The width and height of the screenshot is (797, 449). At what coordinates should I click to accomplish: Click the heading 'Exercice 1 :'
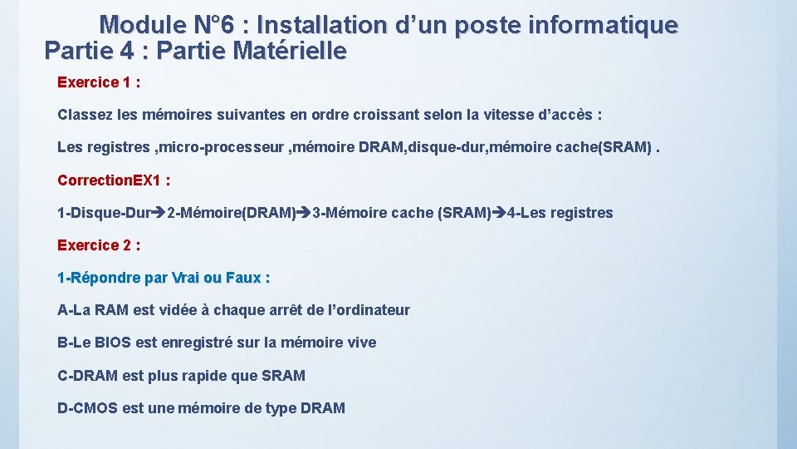(98, 82)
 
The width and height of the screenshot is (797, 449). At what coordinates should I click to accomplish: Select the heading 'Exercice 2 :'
(98, 245)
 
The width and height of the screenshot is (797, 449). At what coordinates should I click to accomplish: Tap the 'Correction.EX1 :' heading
(114, 180)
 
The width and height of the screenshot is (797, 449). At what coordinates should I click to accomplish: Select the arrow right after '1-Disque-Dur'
(159, 213)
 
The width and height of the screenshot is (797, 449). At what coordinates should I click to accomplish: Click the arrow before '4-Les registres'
(499, 213)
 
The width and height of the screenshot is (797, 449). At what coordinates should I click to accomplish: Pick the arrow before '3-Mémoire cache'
(304, 213)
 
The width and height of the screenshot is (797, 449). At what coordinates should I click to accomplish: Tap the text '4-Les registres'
(560, 213)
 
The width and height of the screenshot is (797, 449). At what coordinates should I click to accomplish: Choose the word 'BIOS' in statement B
(114, 343)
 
